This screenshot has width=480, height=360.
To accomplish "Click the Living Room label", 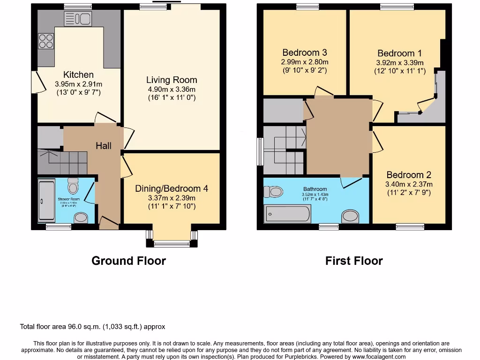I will [172, 80].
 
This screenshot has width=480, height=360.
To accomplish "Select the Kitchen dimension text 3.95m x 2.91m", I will [78, 84].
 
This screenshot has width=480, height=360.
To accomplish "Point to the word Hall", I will [104, 146].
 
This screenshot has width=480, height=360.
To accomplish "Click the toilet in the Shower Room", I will [73, 187].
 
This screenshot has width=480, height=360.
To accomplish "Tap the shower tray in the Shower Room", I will [46, 201].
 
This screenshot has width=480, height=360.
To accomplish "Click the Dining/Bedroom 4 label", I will [172, 188].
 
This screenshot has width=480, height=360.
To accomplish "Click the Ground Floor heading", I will [128, 261].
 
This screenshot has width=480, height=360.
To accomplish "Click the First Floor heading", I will [354, 261].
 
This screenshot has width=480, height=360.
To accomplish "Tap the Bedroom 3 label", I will [304, 52].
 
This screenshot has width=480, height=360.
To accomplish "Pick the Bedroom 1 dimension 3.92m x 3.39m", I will [400, 63].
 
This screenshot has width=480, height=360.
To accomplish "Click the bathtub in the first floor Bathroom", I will [287, 214].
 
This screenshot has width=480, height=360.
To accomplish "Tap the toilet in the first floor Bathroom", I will [273, 192].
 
